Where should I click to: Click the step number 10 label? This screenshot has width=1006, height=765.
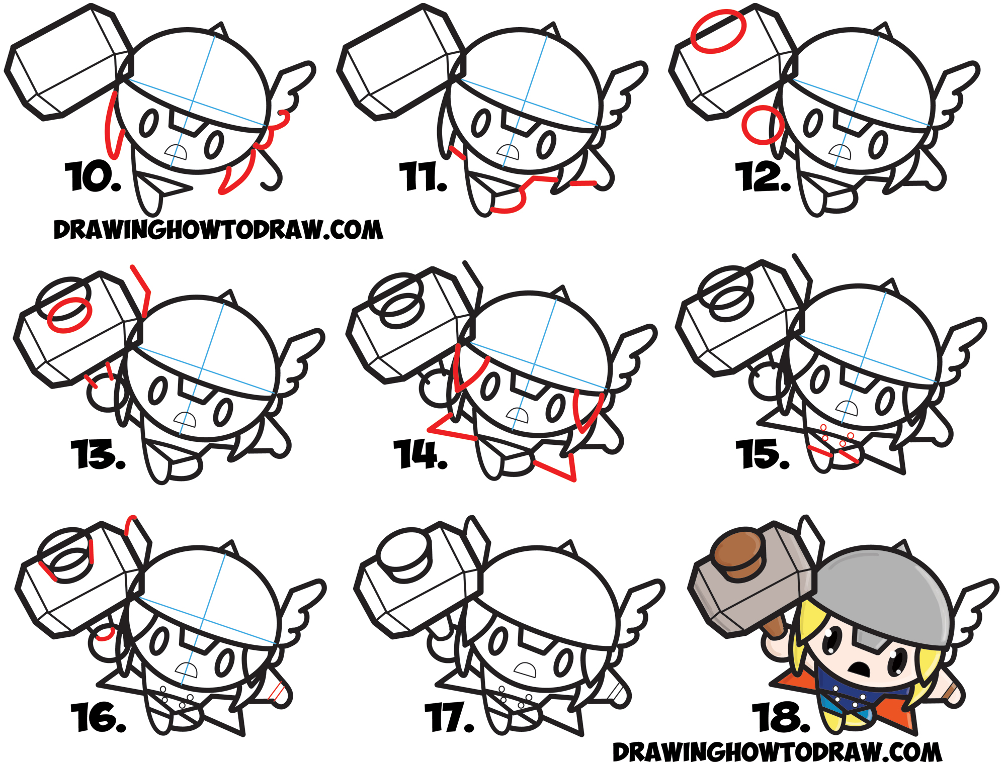pos(93,177)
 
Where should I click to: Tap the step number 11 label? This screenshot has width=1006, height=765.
pos(423,177)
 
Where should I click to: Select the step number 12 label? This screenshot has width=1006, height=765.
pos(762,177)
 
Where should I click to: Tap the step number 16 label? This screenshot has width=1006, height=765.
pos(98,717)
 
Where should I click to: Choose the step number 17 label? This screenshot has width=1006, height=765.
pos(449,717)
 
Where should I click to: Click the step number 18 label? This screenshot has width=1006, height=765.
pos(781,717)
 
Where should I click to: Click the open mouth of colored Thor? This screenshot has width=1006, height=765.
pos(859,669)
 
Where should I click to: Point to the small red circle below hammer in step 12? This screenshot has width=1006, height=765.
pos(763,125)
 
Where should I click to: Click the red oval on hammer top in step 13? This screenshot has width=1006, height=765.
pos(69,315)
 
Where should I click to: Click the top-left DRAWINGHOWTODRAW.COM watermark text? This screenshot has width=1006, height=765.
pos(218,230)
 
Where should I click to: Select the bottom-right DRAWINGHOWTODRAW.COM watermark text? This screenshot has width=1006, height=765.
pos(777,752)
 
